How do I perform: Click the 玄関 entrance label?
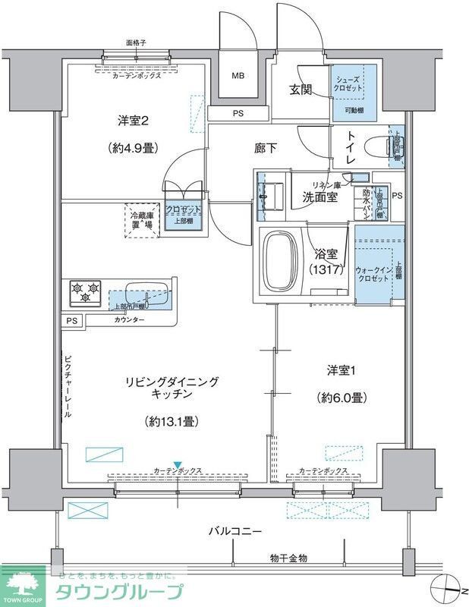[x=300, y=90]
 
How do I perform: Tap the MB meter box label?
[x=238, y=76]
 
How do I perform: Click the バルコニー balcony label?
[x=236, y=531]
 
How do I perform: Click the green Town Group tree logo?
[x=23, y=585]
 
